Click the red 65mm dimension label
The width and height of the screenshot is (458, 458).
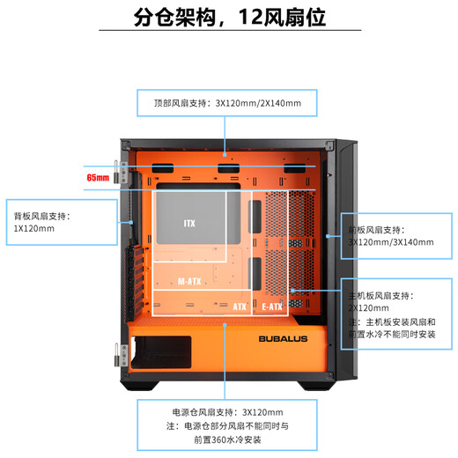click(x=98, y=178)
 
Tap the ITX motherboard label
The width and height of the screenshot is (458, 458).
click(x=189, y=224)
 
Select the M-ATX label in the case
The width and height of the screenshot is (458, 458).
click(x=189, y=282)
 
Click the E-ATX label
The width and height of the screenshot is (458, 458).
click(x=272, y=307)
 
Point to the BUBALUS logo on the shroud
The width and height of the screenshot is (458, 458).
click(x=283, y=339)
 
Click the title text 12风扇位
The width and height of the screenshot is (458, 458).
click(x=282, y=17)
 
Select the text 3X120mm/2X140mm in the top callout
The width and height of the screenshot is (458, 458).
click(x=258, y=103)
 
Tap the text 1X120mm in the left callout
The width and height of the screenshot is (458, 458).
click(x=34, y=229)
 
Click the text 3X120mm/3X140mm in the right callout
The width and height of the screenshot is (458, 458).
click(x=391, y=242)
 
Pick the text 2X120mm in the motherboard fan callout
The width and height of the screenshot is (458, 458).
click(x=369, y=308)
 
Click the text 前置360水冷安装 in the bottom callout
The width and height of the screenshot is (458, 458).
click(x=227, y=440)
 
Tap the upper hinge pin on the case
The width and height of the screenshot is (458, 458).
click(x=116, y=172)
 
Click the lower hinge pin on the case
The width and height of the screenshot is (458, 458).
click(x=116, y=355)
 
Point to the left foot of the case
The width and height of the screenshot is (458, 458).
click(x=140, y=386)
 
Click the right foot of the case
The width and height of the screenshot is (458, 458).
click(x=317, y=386)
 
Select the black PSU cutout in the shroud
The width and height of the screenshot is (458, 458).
click(x=161, y=352)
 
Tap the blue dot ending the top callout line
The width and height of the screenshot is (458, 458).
click(x=225, y=155)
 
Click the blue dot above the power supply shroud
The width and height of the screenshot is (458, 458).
click(x=225, y=325)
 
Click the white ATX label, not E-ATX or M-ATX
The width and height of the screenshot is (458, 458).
click(x=240, y=307)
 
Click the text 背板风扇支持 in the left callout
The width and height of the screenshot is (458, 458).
click(x=40, y=217)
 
